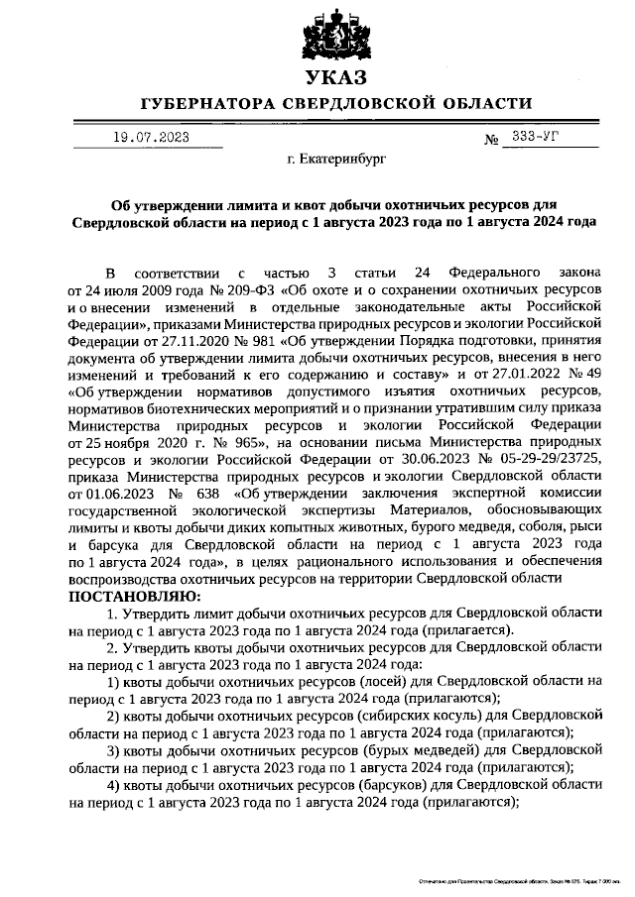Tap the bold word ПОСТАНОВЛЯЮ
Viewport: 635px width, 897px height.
134,599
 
